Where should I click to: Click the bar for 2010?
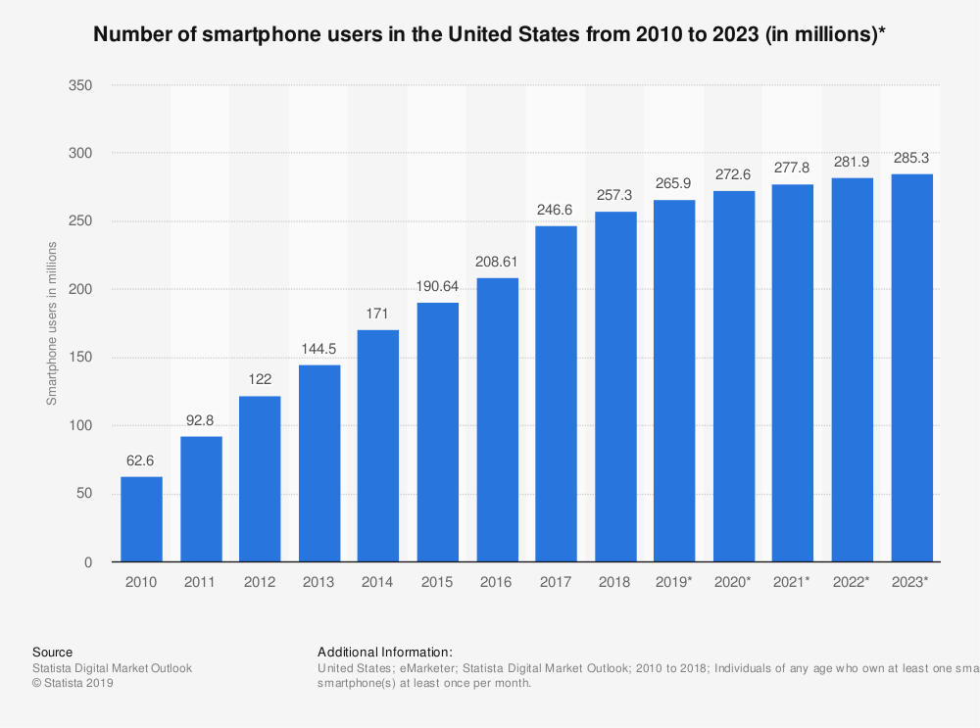coord(141,519)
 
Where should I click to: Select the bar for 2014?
coord(378,446)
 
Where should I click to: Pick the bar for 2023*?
coord(911,367)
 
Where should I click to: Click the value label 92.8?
coord(201,420)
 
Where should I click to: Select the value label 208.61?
coord(497,262)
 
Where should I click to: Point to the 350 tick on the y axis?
coord(81,86)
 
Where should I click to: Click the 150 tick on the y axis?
coord(81,358)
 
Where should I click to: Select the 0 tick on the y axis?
coord(88,562)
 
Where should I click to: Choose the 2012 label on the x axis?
coord(260,582)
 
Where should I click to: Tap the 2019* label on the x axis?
coord(674,582)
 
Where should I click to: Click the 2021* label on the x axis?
coord(793,582)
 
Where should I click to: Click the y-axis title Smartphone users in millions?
coord(52,322)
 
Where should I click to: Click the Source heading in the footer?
coord(52,652)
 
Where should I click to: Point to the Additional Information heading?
coord(385,652)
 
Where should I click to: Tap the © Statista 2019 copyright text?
coord(73,684)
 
